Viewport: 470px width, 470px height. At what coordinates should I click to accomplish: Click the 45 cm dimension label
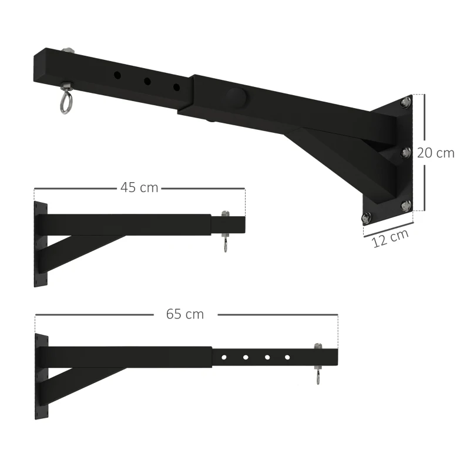click(139, 187)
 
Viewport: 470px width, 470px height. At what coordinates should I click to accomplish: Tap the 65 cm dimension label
click(185, 314)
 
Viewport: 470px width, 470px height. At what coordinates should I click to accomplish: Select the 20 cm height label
click(436, 153)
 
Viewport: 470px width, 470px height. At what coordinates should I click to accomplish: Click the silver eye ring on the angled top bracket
click(64, 101)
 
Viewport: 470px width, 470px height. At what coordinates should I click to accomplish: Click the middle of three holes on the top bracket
click(147, 82)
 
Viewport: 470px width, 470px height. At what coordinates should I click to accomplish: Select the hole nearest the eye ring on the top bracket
click(117, 75)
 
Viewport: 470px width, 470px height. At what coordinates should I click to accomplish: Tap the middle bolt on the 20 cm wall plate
click(405, 153)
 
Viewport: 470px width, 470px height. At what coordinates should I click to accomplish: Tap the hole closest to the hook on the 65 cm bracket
click(287, 357)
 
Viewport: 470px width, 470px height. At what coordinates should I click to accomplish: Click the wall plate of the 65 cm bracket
click(41, 376)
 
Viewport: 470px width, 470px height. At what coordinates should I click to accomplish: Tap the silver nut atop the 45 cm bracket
click(224, 214)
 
